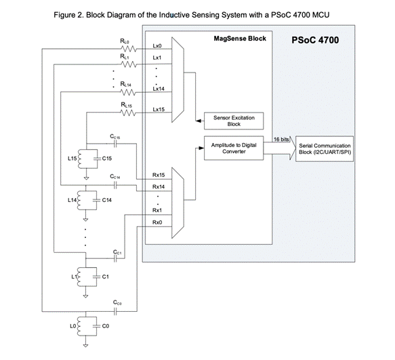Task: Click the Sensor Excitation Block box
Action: pyautogui.click(x=234, y=121)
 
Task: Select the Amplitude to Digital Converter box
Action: pyautogui.click(x=234, y=148)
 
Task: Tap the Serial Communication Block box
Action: pyautogui.click(x=325, y=148)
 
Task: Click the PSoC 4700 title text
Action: pyautogui.click(x=315, y=40)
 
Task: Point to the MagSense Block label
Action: pyautogui.click(x=240, y=39)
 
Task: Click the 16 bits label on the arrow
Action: pyautogui.click(x=281, y=140)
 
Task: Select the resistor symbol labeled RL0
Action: pyautogui.click(x=129, y=49)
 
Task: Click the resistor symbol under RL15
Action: pyautogui.click(x=129, y=113)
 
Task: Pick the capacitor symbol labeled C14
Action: pyautogui.click(x=96, y=200)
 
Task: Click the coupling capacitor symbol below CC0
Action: pyautogui.click(x=115, y=312)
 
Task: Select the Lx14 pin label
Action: pyautogui.click(x=159, y=89)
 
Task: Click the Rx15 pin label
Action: pyautogui.click(x=159, y=175)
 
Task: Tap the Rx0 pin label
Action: pyautogui.click(x=157, y=222)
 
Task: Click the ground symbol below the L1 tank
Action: pyautogui.click(x=85, y=296)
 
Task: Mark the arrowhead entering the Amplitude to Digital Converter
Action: pyautogui.click(x=201, y=148)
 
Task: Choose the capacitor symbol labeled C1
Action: pyautogui.click(x=96, y=277)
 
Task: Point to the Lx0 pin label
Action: pyautogui.click(x=157, y=46)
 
